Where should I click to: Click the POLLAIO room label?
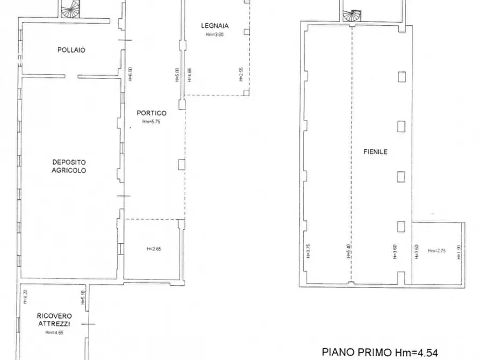coord(71,50)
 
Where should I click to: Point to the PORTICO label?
coord(152,113)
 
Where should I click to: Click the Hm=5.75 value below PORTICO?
coord(152,122)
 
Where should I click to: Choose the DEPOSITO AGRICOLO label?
coord(69,166)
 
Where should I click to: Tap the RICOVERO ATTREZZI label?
coord(54,320)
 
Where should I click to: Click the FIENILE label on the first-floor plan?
coord(375,152)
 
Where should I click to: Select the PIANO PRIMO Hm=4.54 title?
coord(380,352)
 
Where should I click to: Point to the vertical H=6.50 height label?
coord(130,74)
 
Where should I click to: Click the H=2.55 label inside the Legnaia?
coord(241,74)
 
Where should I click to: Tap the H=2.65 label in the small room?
coord(154,249)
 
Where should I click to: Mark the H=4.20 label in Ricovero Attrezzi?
coord(24,297)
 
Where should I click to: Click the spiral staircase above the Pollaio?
coord(69,8)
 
